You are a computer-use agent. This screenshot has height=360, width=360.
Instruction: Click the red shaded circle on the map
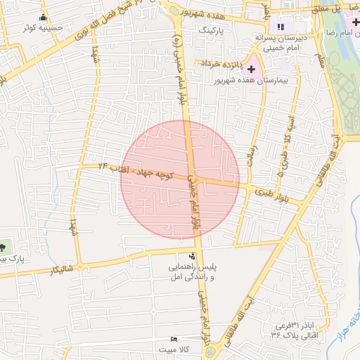180,179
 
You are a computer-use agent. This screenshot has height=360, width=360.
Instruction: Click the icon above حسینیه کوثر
45,17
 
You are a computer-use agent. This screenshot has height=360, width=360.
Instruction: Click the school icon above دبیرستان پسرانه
281,27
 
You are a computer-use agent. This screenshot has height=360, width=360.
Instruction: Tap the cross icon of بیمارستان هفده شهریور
251,68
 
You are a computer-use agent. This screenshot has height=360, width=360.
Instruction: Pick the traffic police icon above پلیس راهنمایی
193,256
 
